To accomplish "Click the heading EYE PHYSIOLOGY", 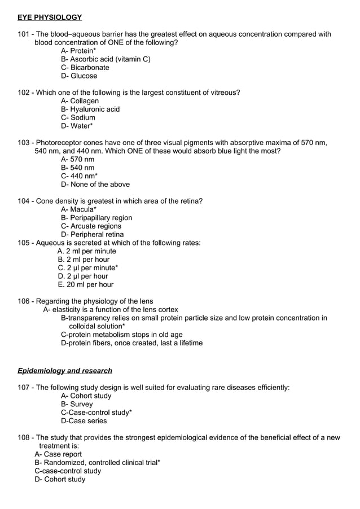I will point(50,17).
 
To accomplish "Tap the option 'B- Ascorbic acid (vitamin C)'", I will point(106,59).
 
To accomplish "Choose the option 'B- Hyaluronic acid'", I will point(90,109).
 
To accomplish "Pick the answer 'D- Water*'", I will point(77,126).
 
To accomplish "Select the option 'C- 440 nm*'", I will point(80,176).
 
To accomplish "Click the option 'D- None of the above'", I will point(95,185).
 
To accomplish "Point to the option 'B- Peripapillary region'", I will point(96,218).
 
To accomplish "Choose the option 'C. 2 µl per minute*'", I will point(88,268).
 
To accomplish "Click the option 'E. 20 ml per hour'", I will point(86,285).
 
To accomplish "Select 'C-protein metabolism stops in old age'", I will point(122,335).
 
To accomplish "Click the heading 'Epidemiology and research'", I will point(65,371).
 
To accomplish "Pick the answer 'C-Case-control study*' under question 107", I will point(96,413).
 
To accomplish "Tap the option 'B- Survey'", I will point(77,404).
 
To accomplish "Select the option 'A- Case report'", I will point(58,454).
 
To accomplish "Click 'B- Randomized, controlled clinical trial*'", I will point(98,463).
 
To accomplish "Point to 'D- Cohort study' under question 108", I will point(60,479).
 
